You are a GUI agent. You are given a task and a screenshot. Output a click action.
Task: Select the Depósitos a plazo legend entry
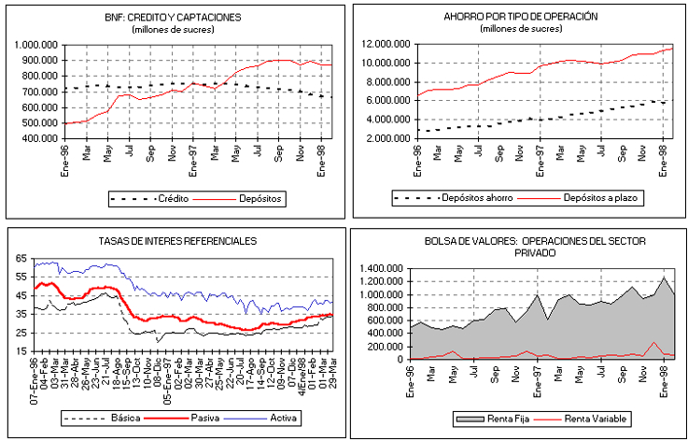point(593,199)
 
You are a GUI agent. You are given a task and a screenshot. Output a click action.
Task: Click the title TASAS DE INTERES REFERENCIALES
point(177,240)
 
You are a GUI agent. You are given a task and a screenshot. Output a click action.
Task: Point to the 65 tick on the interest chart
point(21,258)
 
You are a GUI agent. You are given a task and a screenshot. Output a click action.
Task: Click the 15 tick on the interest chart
point(21,350)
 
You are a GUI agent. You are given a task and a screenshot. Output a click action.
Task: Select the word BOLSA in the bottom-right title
point(440,240)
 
